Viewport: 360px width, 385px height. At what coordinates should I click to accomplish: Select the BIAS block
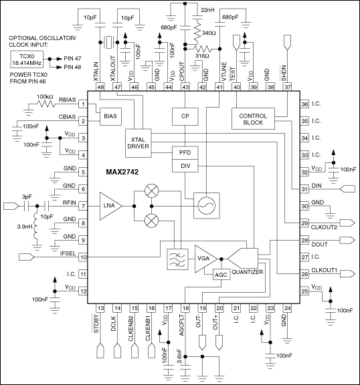[x=109, y=116]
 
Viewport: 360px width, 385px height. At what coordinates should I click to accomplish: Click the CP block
[x=185, y=116]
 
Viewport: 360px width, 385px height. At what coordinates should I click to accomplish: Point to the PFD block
[x=185, y=153]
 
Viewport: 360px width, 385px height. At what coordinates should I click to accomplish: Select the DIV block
[x=185, y=166]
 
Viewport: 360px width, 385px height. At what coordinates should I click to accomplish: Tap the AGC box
[x=221, y=275]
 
